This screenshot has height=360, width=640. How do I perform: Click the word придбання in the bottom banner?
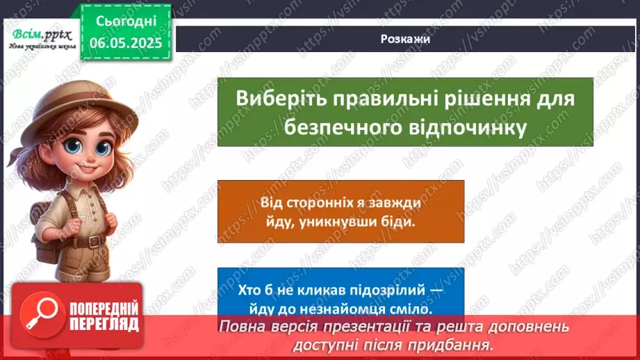point(456,343)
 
